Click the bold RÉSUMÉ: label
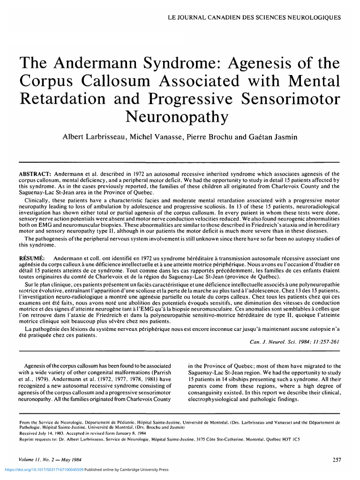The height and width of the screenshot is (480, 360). [x=31, y=258]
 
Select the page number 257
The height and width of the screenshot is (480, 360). [x=336, y=460]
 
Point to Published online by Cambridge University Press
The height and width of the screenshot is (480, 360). [x=127, y=469]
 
